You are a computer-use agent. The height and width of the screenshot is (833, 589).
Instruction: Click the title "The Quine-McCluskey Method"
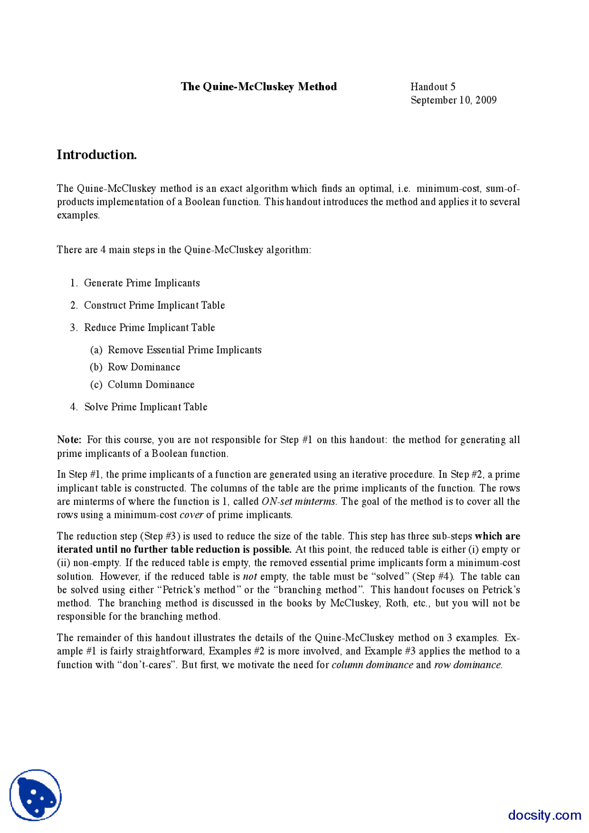pos(259,86)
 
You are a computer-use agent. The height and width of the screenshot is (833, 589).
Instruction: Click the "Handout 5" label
pos(433,86)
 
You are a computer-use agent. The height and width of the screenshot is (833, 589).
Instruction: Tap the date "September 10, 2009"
pos(453,100)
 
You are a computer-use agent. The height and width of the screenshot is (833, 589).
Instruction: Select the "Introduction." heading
pos(97,155)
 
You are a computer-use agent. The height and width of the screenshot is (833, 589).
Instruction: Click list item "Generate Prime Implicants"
pos(142,283)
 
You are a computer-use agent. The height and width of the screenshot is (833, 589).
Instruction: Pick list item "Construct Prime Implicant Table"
pos(154,305)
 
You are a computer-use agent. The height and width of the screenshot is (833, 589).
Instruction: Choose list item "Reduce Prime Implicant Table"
pos(149,327)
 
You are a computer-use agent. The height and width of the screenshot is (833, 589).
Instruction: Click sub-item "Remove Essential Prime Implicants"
pos(185,350)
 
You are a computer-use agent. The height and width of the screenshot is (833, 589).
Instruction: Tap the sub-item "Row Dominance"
pos(144,367)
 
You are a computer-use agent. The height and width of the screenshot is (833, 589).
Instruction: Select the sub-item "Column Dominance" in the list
pos(151,385)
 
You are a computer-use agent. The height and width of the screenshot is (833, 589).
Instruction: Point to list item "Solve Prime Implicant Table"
pos(145,407)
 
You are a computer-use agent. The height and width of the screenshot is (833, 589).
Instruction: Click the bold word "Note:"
pos(69,440)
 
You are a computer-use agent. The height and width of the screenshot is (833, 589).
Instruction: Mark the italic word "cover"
pos(191,515)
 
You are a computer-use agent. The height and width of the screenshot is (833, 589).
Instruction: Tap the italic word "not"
pos(250,576)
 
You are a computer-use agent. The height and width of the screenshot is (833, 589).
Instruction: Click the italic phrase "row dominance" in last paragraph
pos(468,665)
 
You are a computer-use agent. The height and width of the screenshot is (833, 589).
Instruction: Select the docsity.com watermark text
pos(544,815)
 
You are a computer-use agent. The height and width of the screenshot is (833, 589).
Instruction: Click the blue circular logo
pos(35,795)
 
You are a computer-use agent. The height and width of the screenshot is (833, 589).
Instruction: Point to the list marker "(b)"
pos(96,367)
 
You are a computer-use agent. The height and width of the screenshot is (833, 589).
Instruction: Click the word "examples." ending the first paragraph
pos(78,215)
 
